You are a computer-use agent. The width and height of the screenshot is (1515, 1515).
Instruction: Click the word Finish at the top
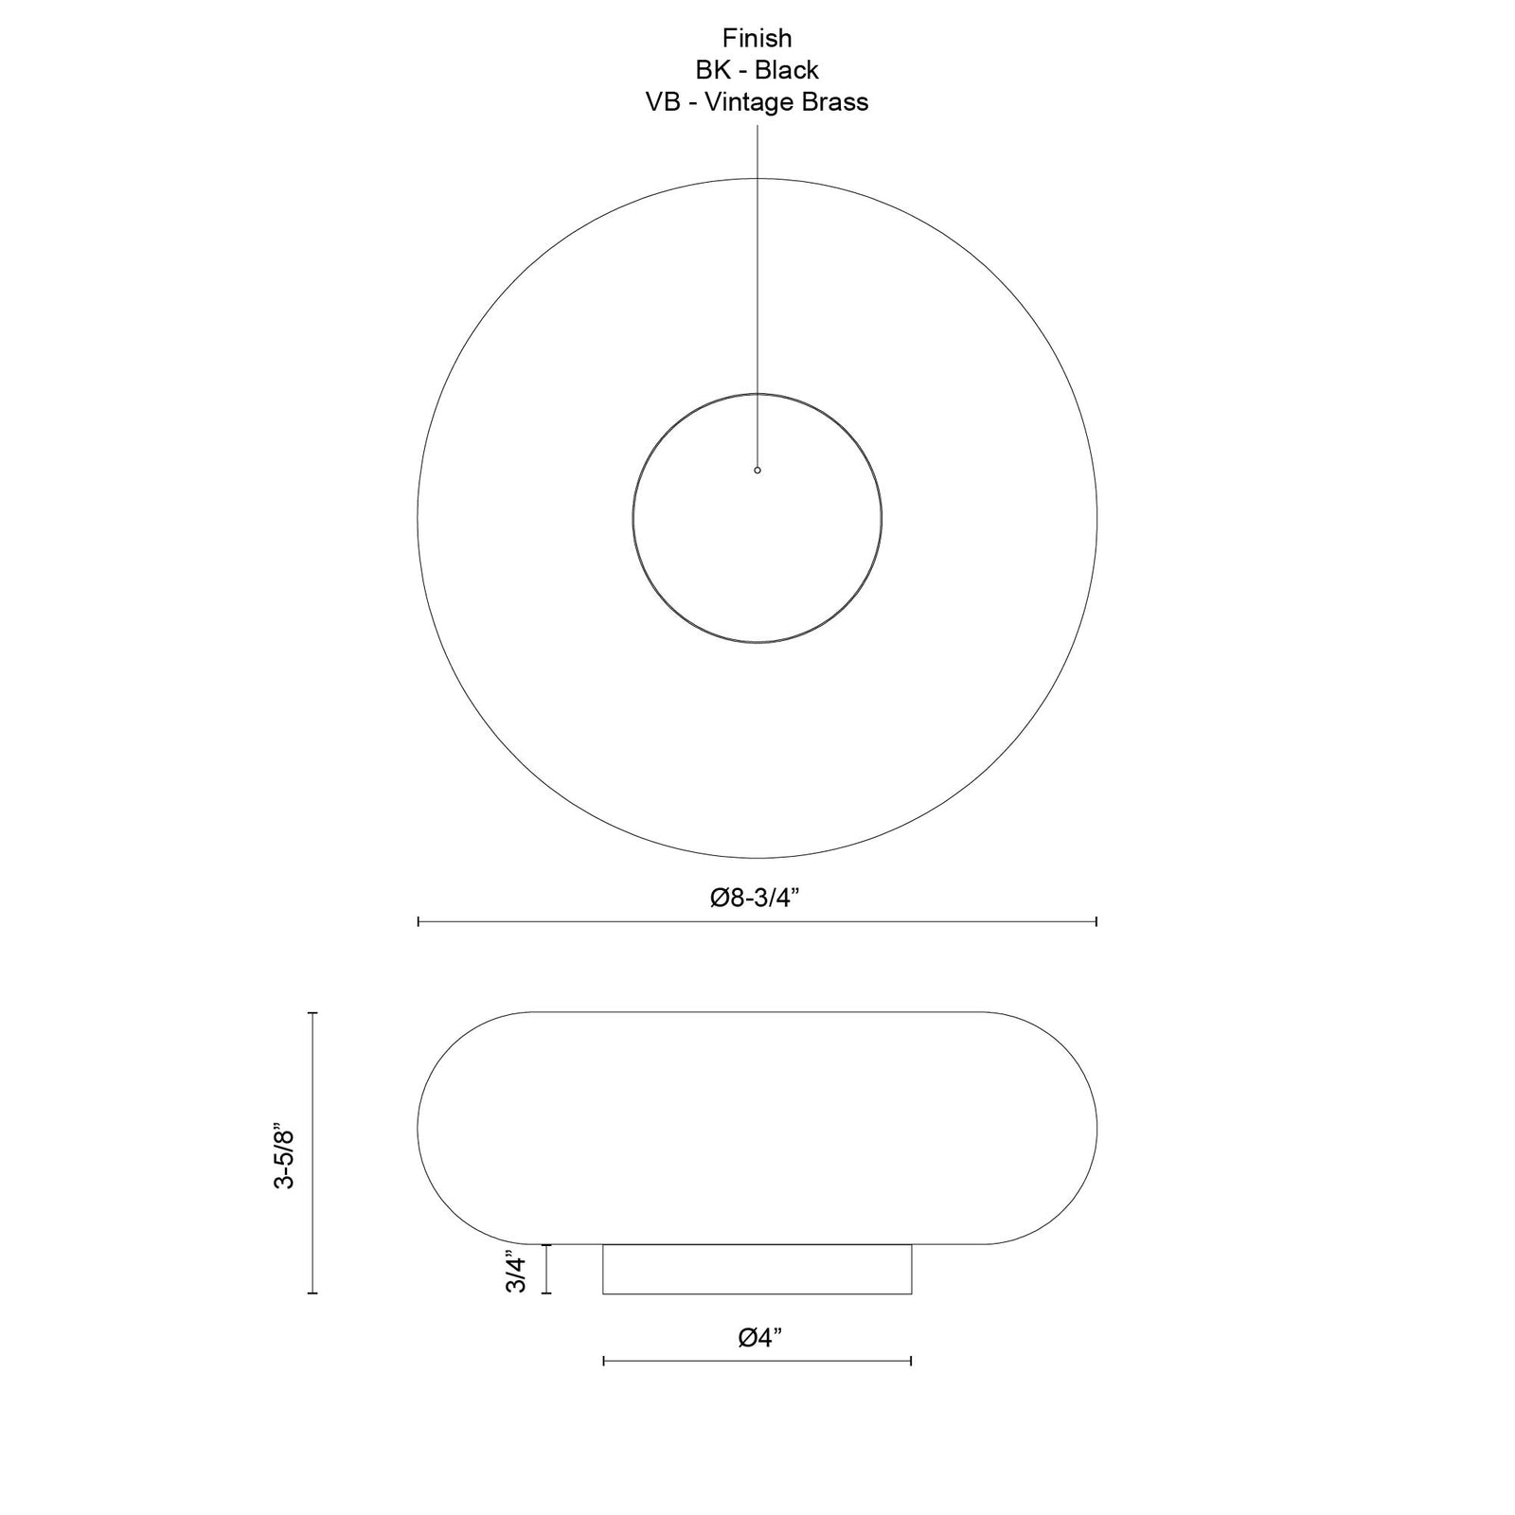(x=757, y=38)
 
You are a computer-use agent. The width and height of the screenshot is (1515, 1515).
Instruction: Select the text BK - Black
(x=757, y=70)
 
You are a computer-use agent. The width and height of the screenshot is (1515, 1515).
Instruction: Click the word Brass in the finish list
(x=835, y=102)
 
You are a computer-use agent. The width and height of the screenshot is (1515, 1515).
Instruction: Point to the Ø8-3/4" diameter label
(x=757, y=898)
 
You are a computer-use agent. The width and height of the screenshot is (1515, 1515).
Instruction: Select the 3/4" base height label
(x=515, y=1272)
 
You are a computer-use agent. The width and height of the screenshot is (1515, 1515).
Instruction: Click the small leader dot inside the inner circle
(x=757, y=470)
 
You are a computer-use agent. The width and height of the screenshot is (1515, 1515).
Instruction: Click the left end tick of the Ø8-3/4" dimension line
(x=419, y=921)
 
